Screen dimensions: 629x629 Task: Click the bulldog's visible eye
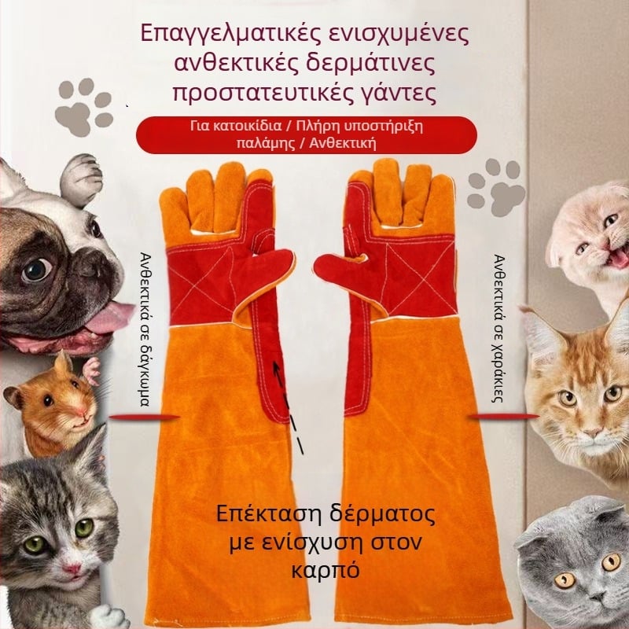[x=36, y=270]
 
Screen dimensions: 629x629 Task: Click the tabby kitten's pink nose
[x=72, y=568]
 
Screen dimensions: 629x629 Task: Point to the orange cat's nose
[x=592, y=432]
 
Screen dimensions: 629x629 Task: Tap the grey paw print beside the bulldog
[x=83, y=107]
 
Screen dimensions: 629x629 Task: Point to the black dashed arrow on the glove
[x=287, y=406]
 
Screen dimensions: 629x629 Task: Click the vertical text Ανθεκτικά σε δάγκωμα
[x=145, y=329]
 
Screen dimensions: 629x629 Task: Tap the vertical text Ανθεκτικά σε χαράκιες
[x=498, y=328]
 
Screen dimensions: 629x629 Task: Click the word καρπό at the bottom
[x=325, y=570]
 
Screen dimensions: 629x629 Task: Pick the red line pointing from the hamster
[x=145, y=417]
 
